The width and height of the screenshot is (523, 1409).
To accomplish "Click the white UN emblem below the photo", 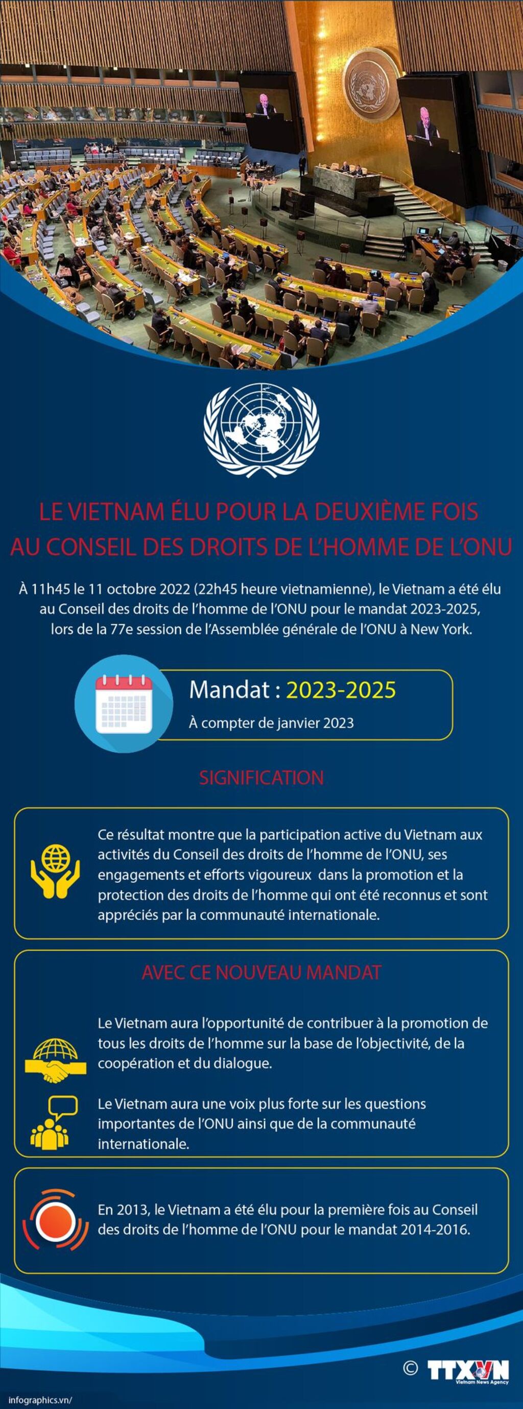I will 261,429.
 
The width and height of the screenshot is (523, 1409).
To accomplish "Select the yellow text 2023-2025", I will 341,690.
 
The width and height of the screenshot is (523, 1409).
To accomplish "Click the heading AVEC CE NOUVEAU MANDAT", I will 261,972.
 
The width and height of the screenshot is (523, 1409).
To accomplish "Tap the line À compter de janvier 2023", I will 271,723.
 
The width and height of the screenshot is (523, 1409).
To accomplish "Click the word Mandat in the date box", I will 229,690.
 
